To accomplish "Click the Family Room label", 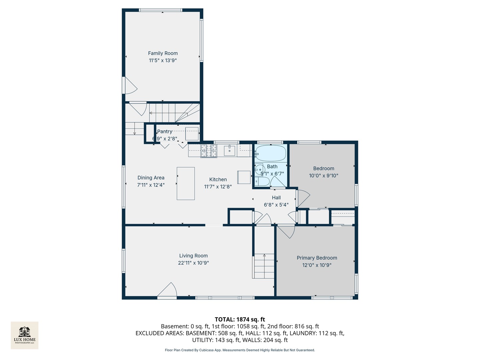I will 163,53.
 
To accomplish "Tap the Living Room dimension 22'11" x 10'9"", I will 193,263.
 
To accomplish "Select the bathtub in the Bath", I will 270,153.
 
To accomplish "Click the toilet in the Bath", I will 262,182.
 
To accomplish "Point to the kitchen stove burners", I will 209,151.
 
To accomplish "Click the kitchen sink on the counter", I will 230,151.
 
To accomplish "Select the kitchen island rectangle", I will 186,183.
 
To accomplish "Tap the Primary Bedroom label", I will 317,258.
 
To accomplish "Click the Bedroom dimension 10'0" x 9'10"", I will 323,176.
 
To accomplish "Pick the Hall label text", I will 276,198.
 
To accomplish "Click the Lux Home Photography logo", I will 25,335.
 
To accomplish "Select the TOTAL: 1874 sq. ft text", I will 240,319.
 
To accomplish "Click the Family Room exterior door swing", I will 130,86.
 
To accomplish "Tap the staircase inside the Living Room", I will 264,266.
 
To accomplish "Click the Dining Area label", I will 151,178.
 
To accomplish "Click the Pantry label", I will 165,132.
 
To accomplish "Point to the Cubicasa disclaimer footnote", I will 240,350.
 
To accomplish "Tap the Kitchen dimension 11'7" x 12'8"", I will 218,187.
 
